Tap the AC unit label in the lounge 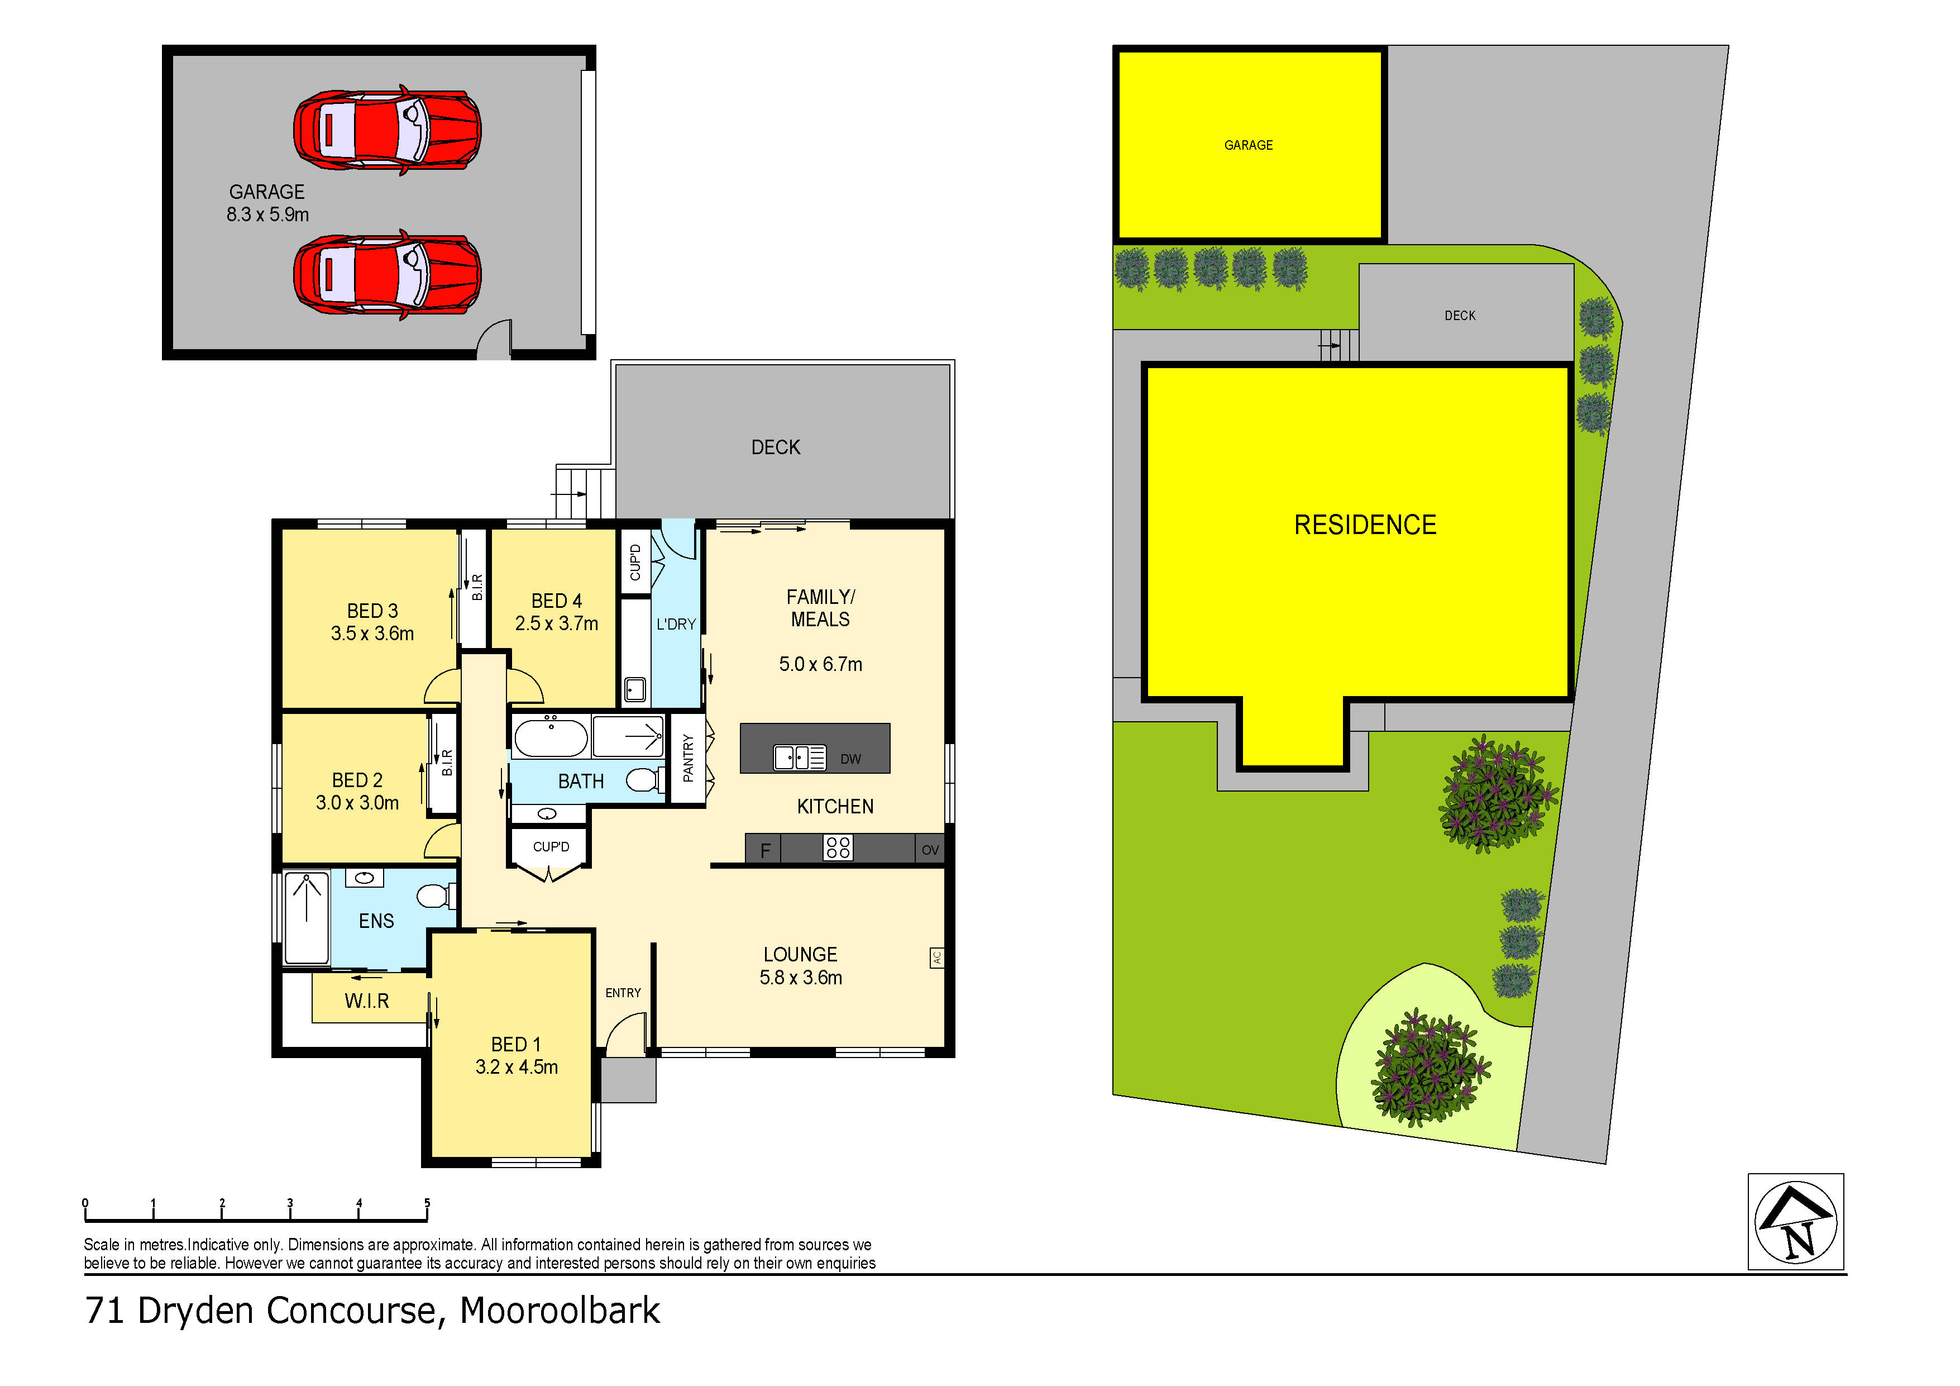point(936,958)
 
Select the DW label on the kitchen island point(850,759)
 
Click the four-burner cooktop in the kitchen point(838,847)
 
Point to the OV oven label point(930,850)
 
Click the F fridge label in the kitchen point(765,850)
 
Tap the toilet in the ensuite point(434,896)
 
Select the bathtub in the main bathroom point(551,738)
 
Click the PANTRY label point(688,758)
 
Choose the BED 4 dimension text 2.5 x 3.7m point(557,624)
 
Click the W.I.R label point(367,1001)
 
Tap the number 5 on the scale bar point(427,1202)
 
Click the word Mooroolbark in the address point(560,1311)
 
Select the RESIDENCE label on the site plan point(1365,525)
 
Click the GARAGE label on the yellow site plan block point(1248,145)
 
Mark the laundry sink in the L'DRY point(634,688)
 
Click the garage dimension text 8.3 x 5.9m point(267,215)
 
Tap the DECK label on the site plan point(1460,315)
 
